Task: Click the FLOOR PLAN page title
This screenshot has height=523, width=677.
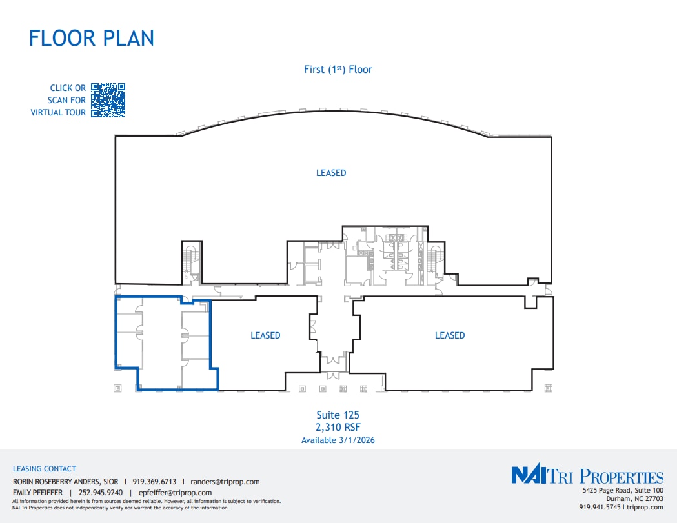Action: [91, 37]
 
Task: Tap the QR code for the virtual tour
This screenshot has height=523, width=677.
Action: [108, 100]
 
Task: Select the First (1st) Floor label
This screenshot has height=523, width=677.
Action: [338, 69]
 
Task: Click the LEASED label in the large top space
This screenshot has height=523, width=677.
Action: [331, 173]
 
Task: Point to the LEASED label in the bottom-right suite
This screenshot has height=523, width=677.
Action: [449, 335]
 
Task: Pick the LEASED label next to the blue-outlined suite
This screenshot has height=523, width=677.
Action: [265, 335]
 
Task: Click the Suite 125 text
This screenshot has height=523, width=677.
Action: [338, 415]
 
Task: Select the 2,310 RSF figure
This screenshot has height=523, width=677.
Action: [338, 428]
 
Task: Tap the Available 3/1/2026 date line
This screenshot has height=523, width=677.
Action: [338, 440]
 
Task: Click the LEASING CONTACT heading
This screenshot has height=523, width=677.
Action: [45, 469]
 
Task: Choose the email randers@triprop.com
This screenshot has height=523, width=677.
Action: [225, 482]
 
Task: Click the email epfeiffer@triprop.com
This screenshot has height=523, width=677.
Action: [175, 493]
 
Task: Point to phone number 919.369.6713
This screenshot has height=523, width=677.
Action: [154, 482]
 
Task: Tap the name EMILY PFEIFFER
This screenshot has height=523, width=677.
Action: [38, 493]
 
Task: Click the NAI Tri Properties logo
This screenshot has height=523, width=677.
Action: [587, 477]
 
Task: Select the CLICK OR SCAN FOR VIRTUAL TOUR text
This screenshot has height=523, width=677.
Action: [59, 100]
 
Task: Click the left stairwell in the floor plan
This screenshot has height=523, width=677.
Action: [190, 261]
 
